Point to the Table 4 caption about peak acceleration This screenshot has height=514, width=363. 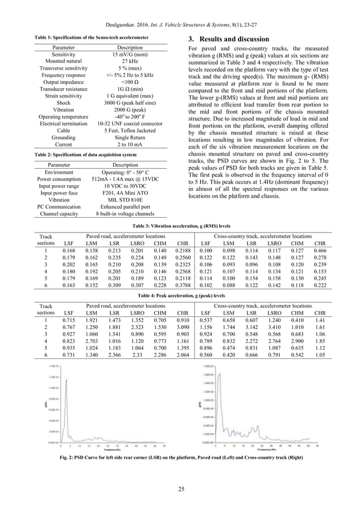pyautogui.click(x=181, y=296)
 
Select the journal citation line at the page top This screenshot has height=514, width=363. pyautogui.click(x=181, y=25)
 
